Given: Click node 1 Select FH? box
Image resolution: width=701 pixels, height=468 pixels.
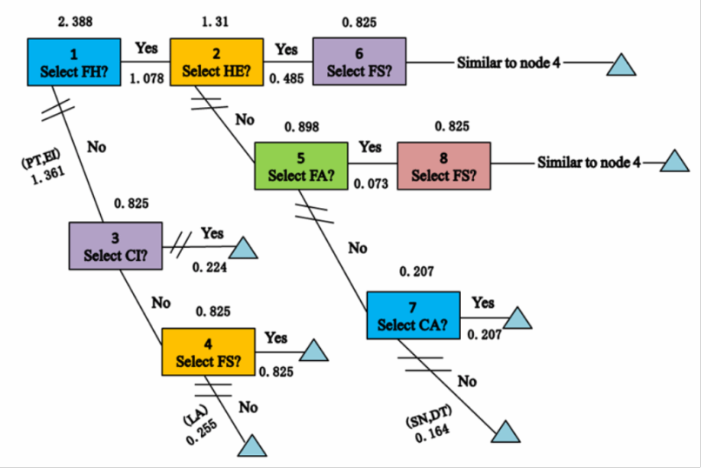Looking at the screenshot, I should coord(74,61).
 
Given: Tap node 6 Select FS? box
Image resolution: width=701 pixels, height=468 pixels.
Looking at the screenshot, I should coord(359,61).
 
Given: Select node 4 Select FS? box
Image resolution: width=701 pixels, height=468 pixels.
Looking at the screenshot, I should coord(209,351).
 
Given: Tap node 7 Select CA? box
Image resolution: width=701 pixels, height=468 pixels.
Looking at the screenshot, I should coord(412,315).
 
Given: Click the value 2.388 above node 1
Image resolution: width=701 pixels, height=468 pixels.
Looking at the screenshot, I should coord(75,19).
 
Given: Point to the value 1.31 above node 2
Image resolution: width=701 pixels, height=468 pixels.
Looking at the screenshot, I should coord(214,19).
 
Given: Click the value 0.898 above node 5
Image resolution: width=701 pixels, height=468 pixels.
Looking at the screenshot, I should coord(302,127).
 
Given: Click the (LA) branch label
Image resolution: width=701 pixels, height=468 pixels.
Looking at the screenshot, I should coord(193,417).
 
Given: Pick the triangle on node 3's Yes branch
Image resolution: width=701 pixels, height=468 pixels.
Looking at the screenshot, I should coord(245,249).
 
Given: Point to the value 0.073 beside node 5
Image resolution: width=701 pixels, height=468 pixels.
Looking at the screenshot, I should coord(371,184).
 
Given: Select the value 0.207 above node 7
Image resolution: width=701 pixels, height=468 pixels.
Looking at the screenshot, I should coord(416,272).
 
